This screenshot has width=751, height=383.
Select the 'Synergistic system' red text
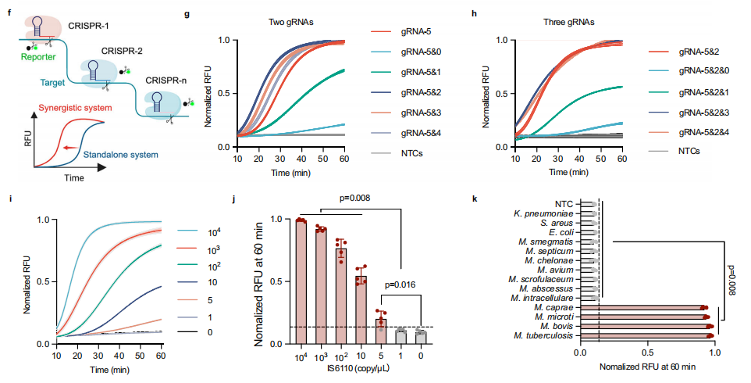66,106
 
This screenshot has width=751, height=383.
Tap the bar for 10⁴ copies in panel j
300,281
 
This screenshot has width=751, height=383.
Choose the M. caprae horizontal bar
653,308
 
